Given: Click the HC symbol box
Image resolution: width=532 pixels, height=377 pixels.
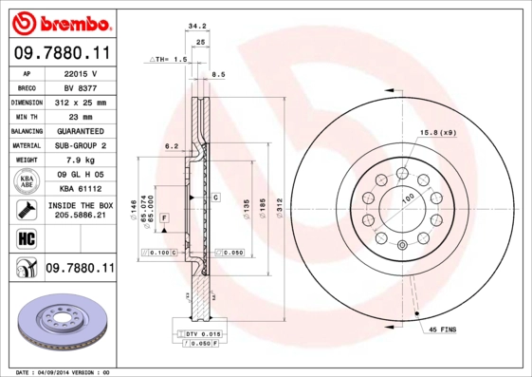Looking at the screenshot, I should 26,238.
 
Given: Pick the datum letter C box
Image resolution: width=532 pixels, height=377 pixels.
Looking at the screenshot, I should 215,198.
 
